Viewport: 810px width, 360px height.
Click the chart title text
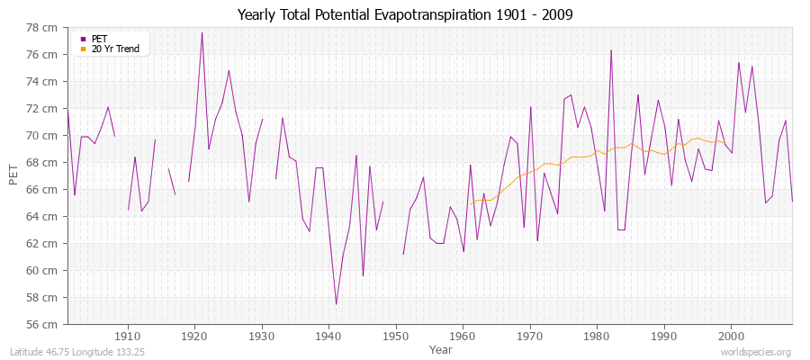pos(405,14)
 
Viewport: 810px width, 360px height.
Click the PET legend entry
pos(99,39)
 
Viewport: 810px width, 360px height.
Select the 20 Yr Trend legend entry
pos(115,49)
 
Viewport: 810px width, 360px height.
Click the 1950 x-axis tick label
pos(395,336)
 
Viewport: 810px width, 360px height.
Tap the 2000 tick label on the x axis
pos(730,336)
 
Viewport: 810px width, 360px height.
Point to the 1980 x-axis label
pos(596,336)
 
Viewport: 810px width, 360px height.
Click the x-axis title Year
pos(441,349)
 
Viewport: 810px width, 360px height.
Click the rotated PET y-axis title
pos(13,175)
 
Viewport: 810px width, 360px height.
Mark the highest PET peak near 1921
pos(202,33)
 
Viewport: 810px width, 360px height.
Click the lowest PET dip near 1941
pos(336,304)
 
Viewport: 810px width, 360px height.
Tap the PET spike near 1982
pos(611,50)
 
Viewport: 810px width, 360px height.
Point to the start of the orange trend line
pos(469,203)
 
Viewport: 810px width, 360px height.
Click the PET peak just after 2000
pos(739,63)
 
